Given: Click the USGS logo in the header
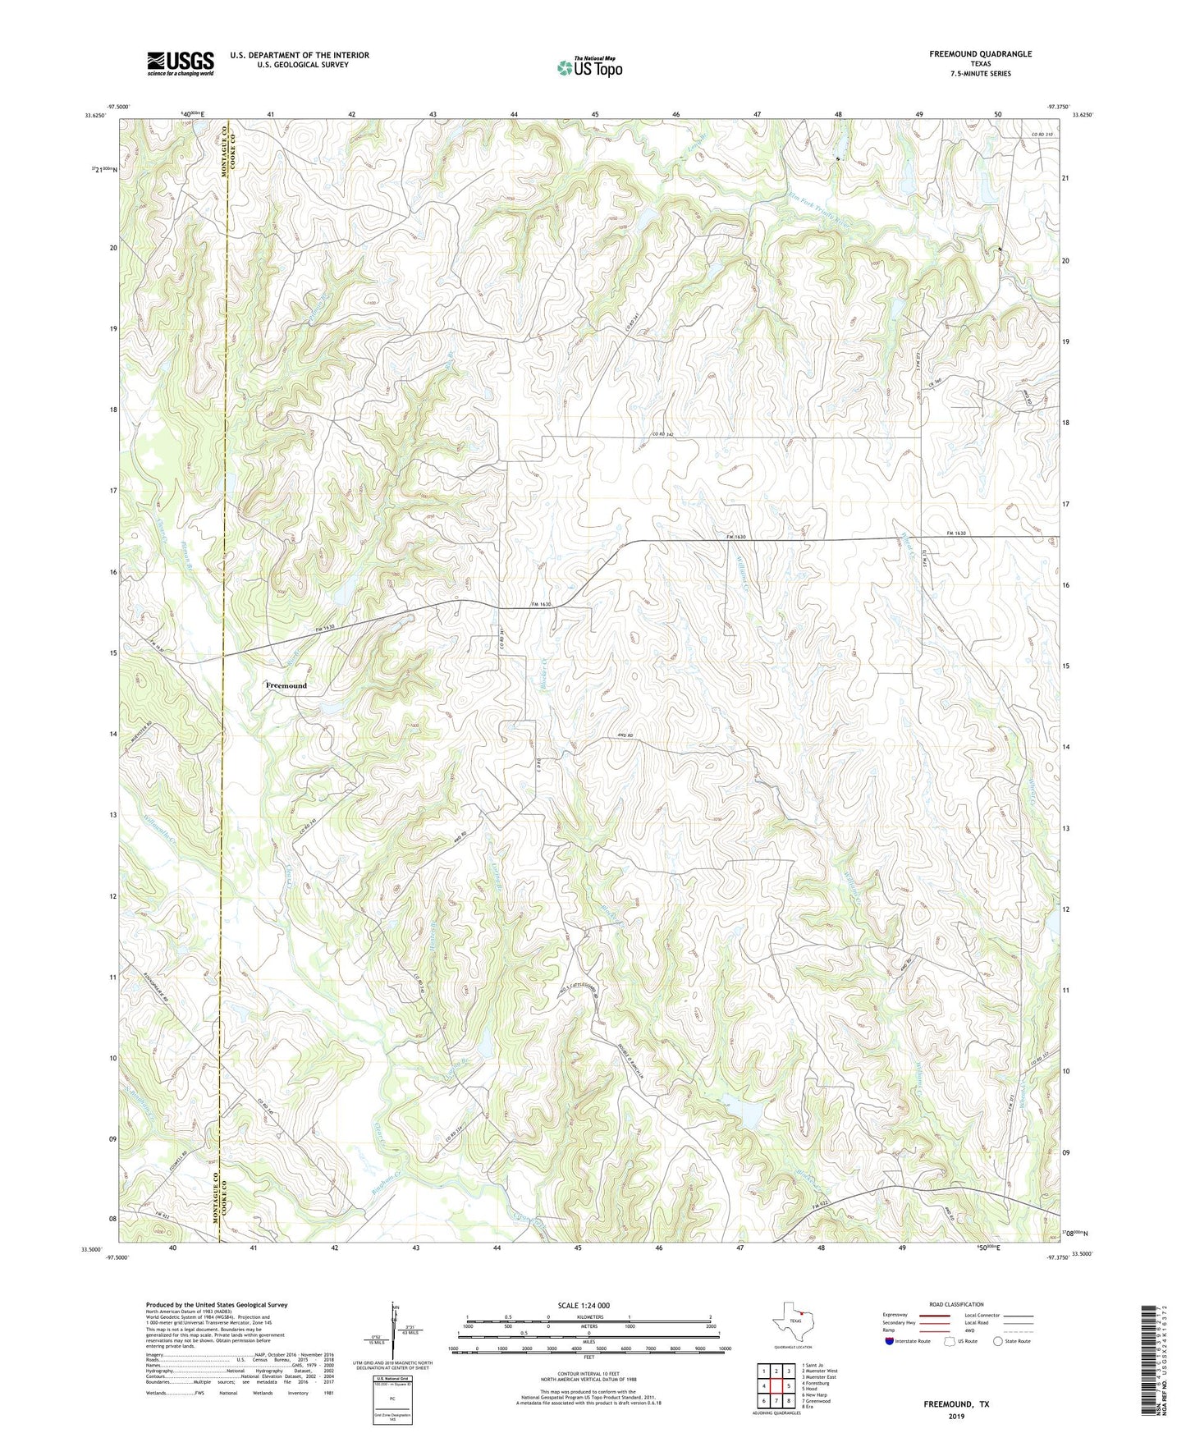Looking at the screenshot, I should [181, 62].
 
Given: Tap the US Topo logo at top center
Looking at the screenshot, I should [589, 67].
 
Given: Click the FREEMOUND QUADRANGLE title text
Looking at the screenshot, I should [980, 54].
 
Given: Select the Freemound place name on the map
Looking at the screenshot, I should [286, 685].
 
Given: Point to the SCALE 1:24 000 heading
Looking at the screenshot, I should [588, 1305].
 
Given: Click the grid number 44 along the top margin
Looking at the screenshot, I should [514, 114].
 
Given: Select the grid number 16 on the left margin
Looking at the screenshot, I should [113, 571].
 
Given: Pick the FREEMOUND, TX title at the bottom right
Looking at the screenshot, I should [956, 1404].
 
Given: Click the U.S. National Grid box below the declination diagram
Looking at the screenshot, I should [392, 1385].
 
